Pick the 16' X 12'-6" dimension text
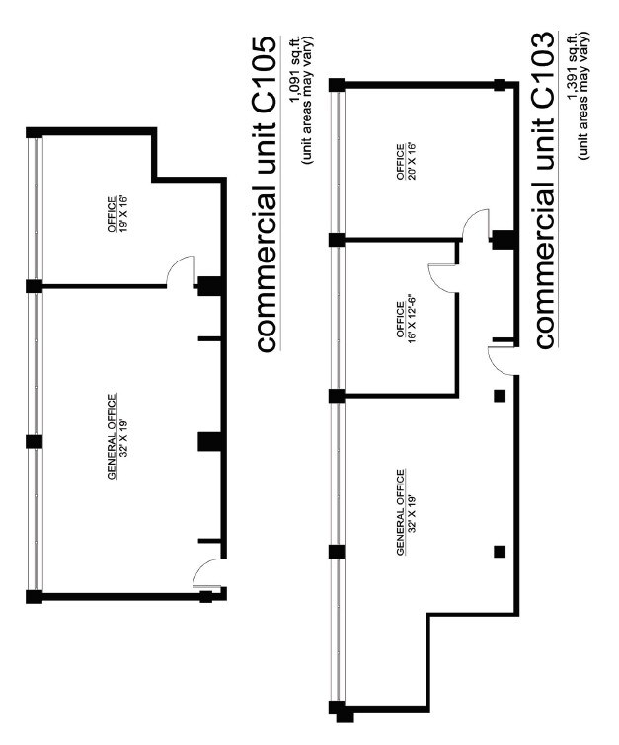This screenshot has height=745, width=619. pos(401,319)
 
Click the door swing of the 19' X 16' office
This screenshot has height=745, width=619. pos(181,271)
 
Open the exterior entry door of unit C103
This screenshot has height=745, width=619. pos(502,359)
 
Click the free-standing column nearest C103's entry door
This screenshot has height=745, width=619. pos(500,396)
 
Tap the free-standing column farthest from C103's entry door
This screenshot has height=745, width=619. pos(500,550)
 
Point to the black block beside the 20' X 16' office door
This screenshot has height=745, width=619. pos(503,239)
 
